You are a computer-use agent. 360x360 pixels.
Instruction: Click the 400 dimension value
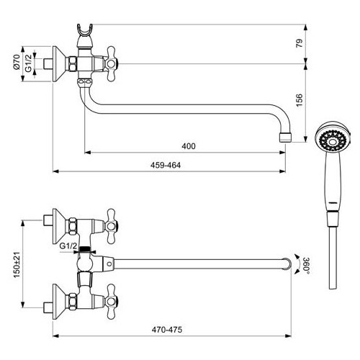pyautogui.click(x=189, y=146)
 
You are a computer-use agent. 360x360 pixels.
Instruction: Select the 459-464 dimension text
pyautogui.click(x=166, y=165)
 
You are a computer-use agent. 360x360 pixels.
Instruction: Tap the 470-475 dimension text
pyautogui.click(x=167, y=330)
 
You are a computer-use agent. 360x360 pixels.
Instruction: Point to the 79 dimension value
pyautogui.click(x=300, y=43)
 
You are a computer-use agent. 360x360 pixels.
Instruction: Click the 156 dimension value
pyautogui.click(x=300, y=100)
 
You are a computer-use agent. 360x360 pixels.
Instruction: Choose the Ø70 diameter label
pyautogui.click(x=17, y=62)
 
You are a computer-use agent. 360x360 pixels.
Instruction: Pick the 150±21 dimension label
pyautogui.click(x=17, y=265)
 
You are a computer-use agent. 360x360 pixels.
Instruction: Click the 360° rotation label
pyautogui.click(x=306, y=266)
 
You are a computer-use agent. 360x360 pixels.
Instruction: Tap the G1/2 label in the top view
pyautogui.click(x=28, y=63)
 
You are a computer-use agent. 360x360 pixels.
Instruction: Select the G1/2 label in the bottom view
pyautogui.click(x=68, y=246)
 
